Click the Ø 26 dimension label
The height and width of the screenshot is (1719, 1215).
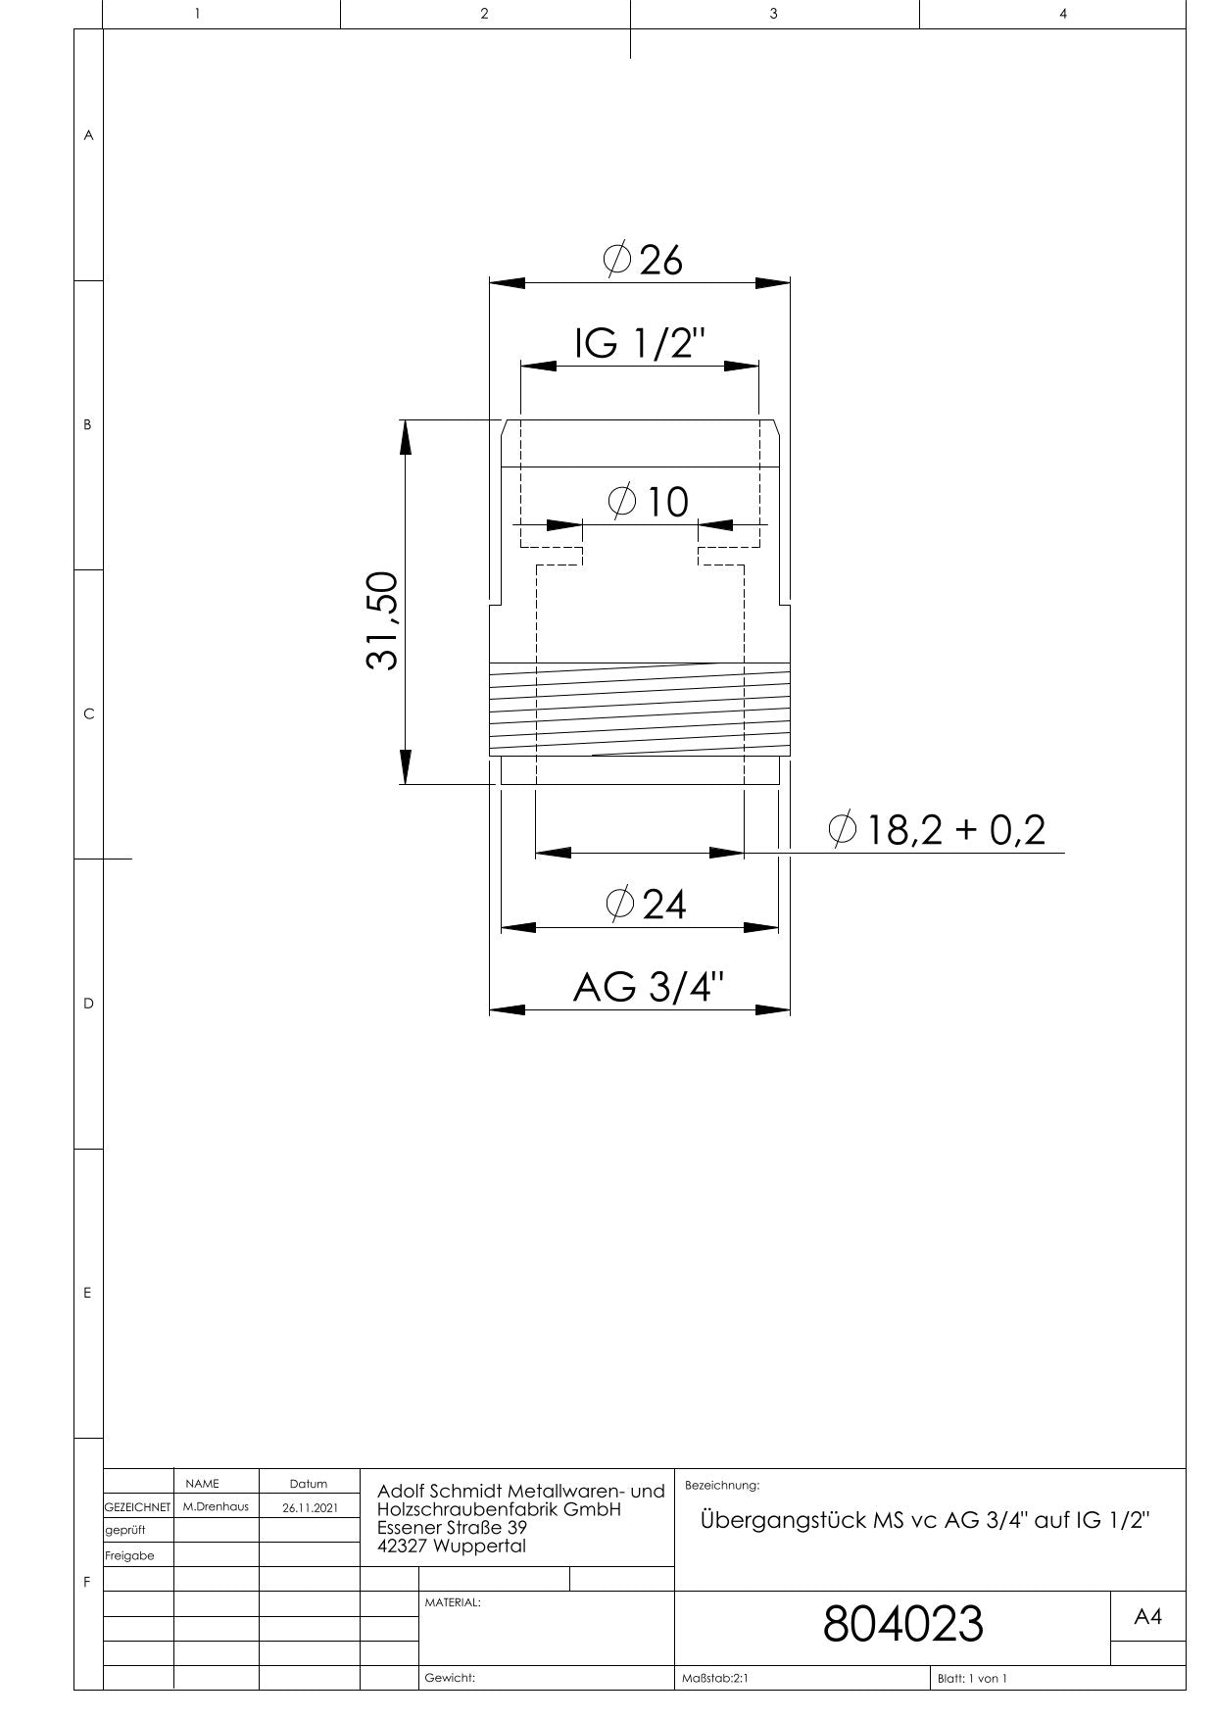coord(642,261)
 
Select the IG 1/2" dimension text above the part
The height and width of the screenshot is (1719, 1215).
coord(640,343)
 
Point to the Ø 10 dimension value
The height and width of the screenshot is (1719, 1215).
coord(649,502)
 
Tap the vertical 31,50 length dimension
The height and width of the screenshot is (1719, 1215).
coord(382,620)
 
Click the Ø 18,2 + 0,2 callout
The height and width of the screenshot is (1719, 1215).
coord(938,830)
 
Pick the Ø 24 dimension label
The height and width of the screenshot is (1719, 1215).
coord(646,904)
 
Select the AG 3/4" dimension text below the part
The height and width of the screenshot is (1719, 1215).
coord(650,987)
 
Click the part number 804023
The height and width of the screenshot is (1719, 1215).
coord(902,1624)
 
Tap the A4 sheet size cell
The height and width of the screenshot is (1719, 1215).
coord(1147,1617)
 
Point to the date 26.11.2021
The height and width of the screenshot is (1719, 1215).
coord(310,1507)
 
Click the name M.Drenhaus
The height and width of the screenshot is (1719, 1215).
coord(216,1506)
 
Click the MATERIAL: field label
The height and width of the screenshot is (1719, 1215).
coord(453,1602)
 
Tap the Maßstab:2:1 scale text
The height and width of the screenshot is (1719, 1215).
coord(714,1678)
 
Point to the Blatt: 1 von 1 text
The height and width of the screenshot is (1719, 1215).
coord(972,1678)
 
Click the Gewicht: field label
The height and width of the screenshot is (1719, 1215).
coord(450,1678)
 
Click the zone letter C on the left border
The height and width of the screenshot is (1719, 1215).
coord(88,714)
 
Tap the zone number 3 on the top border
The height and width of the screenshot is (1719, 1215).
coord(774,14)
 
